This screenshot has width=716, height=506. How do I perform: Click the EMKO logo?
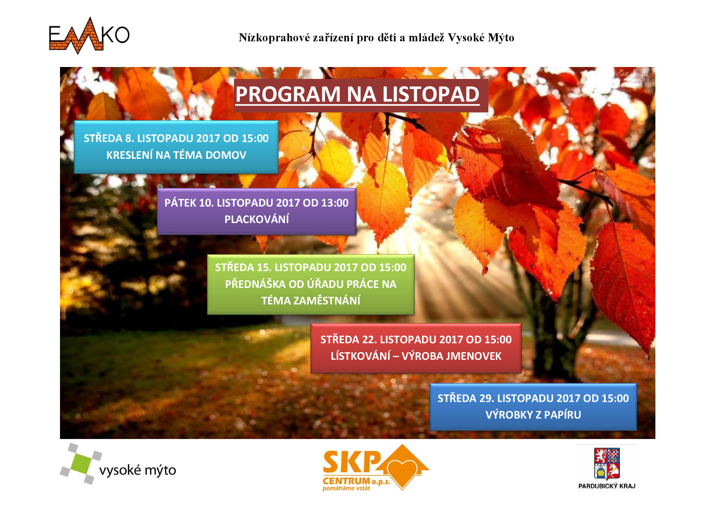click(x=89, y=35)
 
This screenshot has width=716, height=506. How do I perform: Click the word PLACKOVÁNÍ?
click(x=257, y=219)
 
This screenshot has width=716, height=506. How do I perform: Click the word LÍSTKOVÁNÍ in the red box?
click(x=361, y=356)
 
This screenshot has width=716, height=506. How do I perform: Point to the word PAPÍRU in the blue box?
click(x=562, y=415)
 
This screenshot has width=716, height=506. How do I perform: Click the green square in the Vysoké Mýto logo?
click(x=81, y=463)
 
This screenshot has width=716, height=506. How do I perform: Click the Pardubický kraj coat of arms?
click(x=606, y=463)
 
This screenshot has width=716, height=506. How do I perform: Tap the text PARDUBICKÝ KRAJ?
click(x=606, y=486)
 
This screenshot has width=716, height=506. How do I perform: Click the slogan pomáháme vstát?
click(x=346, y=488)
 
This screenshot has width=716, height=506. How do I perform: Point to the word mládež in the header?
click(x=426, y=38)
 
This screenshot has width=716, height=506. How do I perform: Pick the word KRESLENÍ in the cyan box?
click(x=129, y=155)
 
